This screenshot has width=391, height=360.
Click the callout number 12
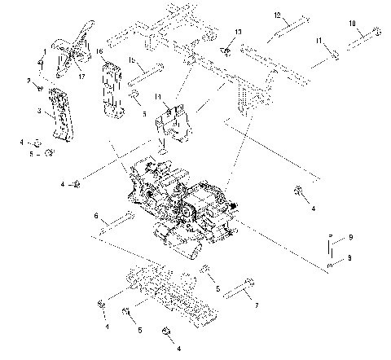[277, 15]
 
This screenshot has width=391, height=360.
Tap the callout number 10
[352, 23]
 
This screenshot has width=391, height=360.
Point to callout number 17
[81, 76]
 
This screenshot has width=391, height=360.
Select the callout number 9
[350, 236]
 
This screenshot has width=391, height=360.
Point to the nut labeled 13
[226, 53]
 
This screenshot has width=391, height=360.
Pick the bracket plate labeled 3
[60, 115]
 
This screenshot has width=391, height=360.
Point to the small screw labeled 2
[37, 86]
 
